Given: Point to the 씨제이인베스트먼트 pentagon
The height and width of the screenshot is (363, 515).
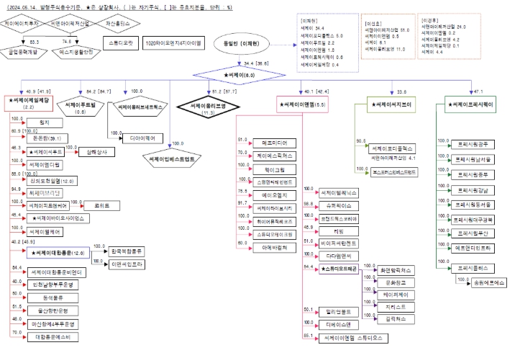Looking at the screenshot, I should click(x=170, y=156).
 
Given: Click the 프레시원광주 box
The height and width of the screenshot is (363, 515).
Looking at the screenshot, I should click(x=473, y=144).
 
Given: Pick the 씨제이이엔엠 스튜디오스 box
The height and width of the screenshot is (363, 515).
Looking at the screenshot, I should click(x=352, y=336).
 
